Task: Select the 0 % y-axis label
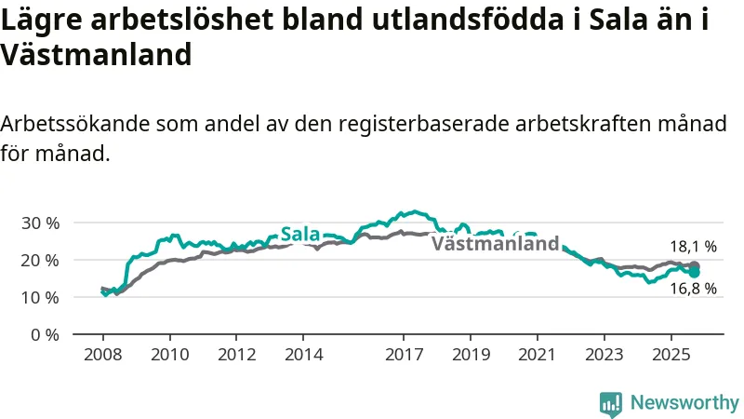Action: pyautogui.click(x=44, y=334)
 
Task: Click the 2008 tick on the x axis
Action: pyautogui.click(x=102, y=355)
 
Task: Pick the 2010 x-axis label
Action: pyautogui.click(x=169, y=355)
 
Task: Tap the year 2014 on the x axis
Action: pyautogui.click(x=303, y=355)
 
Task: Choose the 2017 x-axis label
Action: pyautogui.click(x=404, y=355)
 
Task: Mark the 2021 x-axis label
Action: pyautogui.click(x=538, y=355)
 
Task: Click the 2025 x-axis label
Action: pyautogui.click(x=671, y=355)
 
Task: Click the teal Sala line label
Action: pyautogui.click(x=300, y=235)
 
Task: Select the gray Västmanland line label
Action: pyautogui.click(x=496, y=245)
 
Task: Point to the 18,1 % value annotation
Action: pyautogui.click(x=693, y=247)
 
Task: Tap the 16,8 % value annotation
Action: pyautogui.click(x=693, y=289)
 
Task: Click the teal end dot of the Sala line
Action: pyautogui.click(x=694, y=272)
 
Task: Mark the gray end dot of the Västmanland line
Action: pyautogui.click(x=694, y=266)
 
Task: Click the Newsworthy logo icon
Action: pyautogui.click(x=611, y=403)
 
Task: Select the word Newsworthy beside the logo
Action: pyautogui.click(x=684, y=403)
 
